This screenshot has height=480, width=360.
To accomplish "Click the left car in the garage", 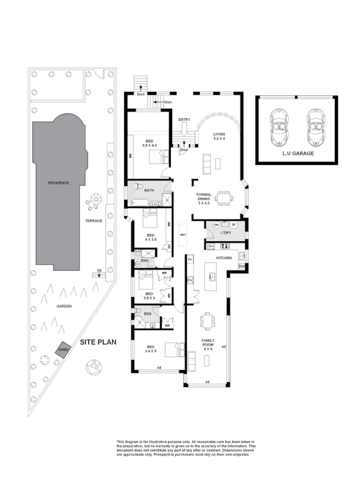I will point(279,127).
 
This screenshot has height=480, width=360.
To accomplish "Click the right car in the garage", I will point(314,127).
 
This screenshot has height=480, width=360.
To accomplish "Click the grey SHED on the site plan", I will point(62,349).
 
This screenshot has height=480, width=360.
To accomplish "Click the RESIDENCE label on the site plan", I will point(59,182).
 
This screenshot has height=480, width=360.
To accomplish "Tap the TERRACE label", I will point(94,221).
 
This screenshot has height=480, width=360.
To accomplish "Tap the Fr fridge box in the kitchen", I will point(190,260).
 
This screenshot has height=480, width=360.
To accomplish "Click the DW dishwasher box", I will point(241,266).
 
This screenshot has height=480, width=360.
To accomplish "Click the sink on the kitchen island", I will point(211,277).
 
